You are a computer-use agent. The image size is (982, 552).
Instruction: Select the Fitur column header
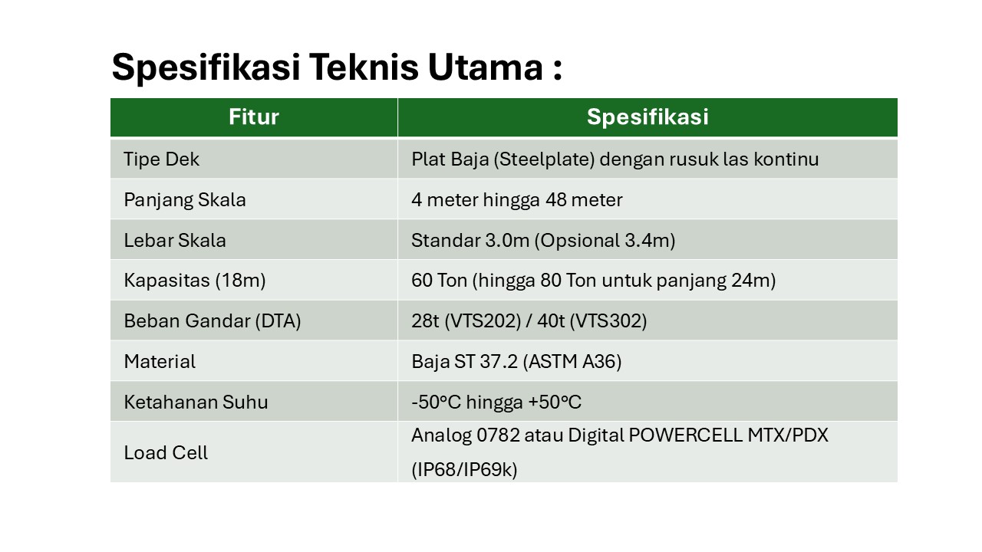click(x=253, y=117)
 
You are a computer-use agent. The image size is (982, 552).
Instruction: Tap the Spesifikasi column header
click(x=647, y=117)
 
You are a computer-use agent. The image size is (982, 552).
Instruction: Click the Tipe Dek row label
click(x=161, y=159)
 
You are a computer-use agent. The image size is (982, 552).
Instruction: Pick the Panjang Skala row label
click(x=184, y=200)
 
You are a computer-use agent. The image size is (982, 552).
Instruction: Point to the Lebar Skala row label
click(x=174, y=241)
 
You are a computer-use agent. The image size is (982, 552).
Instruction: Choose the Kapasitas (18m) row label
click(x=194, y=281)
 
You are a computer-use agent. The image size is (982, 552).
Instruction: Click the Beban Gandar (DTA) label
click(x=212, y=321)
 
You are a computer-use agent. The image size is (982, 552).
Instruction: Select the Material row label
click(x=160, y=361)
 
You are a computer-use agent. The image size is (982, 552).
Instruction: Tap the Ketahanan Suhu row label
click(x=196, y=402)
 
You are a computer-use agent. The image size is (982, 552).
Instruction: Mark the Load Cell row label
click(x=166, y=452)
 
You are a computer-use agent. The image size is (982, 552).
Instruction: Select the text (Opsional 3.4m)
click(x=605, y=241)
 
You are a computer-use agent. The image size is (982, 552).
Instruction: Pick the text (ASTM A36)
click(x=572, y=361)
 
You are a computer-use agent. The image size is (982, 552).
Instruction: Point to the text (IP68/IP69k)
click(x=464, y=469)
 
